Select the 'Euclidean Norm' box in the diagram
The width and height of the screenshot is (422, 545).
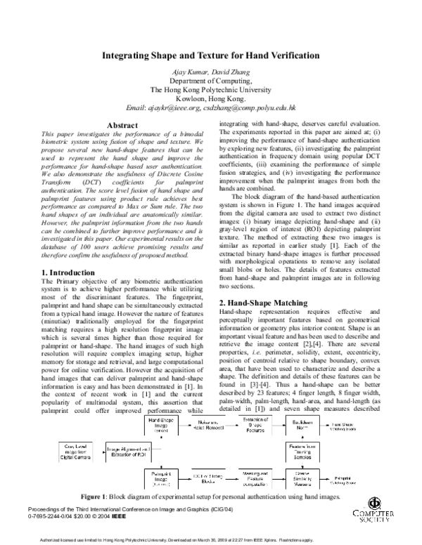click(316, 426)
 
